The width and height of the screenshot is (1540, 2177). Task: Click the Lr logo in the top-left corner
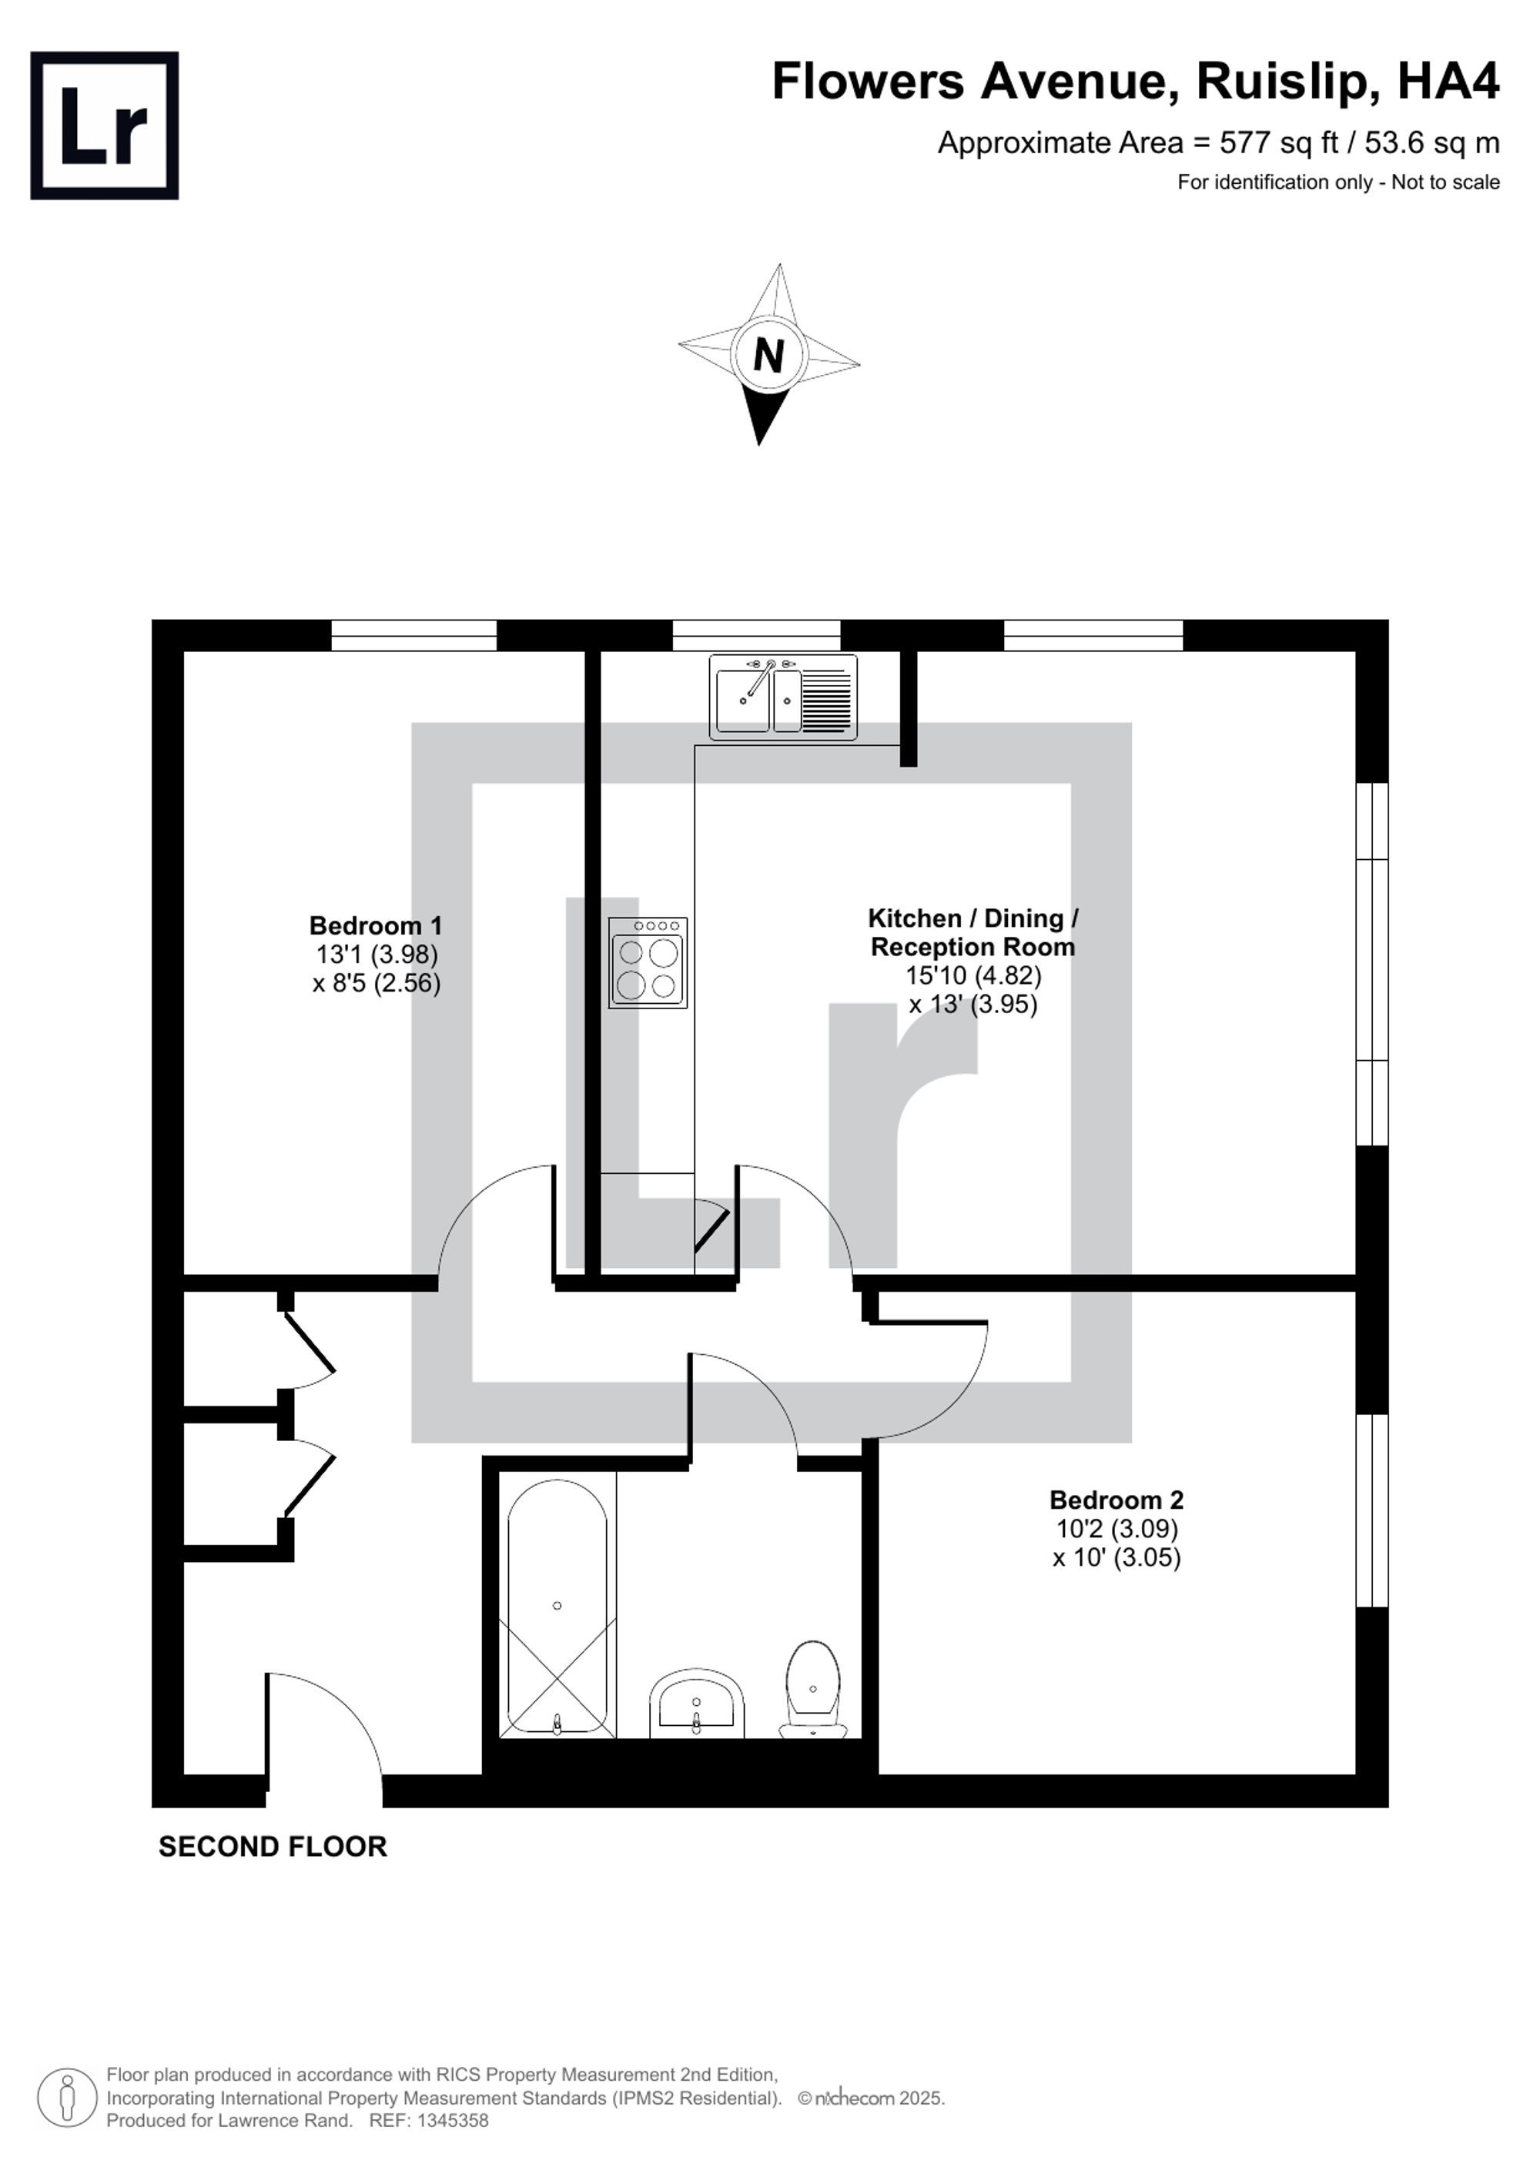point(104,125)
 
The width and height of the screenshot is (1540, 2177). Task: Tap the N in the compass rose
point(768,356)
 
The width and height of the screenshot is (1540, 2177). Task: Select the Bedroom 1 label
point(376,925)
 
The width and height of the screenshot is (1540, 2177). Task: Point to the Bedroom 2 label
point(1116,1500)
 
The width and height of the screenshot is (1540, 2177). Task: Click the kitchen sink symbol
point(783,697)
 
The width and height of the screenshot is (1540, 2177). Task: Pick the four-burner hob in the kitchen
point(648,962)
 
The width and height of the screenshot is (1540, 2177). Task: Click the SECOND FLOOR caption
point(272,1846)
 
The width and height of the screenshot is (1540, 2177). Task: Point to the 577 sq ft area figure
point(1278,143)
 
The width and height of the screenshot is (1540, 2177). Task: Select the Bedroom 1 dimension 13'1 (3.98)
point(377,954)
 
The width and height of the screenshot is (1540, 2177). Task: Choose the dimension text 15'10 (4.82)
point(973,975)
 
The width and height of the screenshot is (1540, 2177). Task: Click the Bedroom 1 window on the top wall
point(413,635)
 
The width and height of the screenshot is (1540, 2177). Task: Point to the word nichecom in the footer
point(853,2098)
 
